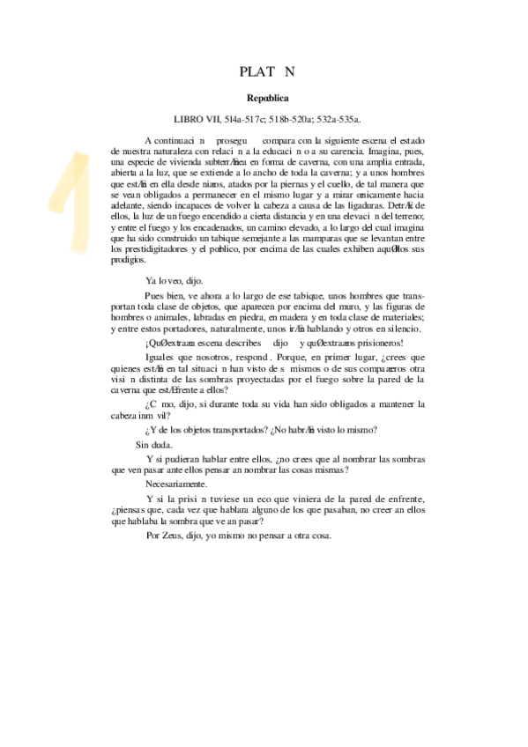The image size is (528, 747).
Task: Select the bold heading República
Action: pos(268,99)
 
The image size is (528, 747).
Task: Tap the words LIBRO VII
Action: pos(204,117)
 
